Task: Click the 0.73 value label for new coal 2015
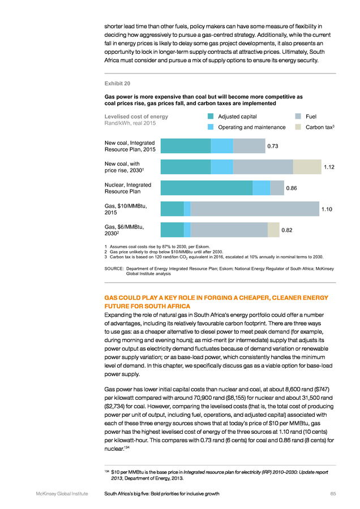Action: click(273, 146)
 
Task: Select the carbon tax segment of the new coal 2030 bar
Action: click(307, 167)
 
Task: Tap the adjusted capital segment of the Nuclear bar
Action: click(207, 188)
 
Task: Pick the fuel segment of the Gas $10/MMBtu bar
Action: click(255, 209)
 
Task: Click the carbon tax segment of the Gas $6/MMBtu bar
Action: click(273, 230)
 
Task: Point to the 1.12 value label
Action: click(329, 167)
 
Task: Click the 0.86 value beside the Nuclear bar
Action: click(292, 188)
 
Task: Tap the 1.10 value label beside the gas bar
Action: click(327, 209)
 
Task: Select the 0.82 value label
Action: click(287, 230)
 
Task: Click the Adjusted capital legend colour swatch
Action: click(211, 116)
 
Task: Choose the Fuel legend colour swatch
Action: click(298, 116)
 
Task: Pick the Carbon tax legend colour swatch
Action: click(298, 127)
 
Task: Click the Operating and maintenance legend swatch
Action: click(211, 127)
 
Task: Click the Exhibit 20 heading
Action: click(117, 84)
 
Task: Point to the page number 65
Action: click(333, 494)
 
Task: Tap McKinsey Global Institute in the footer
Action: click(62, 494)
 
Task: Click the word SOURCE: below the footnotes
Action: click(114, 269)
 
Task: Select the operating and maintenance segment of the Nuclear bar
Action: click(262, 188)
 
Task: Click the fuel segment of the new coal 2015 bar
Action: click(249, 146)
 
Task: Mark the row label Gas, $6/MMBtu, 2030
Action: click(124, 230)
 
